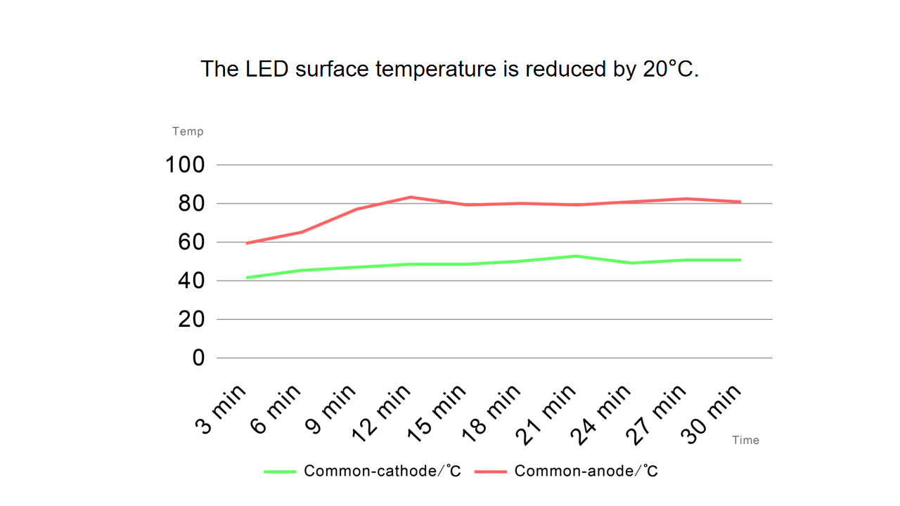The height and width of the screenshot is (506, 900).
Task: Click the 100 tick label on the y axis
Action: click(x=184, y=165)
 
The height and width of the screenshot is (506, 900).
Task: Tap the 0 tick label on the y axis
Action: click(x=198, y=358)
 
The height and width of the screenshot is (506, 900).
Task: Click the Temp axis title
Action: click(x=188, y=131)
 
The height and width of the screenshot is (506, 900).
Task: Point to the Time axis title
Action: click(x=745, y=440)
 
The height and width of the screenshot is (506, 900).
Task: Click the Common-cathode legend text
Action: click(x=382, y=471)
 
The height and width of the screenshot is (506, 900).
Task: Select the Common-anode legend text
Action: click(x=586, y=471)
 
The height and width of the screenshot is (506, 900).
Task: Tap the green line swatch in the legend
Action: click(x=280, y=472)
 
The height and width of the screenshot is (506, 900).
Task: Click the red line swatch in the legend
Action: click(x=491, y=472)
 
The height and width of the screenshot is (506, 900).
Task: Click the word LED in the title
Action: click(x=266, y=69)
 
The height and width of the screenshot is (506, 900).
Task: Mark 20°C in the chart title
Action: click(x=669, y=69)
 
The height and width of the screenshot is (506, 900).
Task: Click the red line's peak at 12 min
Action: click(x=411, y=197)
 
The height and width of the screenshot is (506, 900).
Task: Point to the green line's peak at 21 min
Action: click(x=576, y=256)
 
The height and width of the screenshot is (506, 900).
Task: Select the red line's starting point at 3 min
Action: click(x=247, y=243)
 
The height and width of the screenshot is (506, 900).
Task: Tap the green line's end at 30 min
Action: click(x=740, y=260)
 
